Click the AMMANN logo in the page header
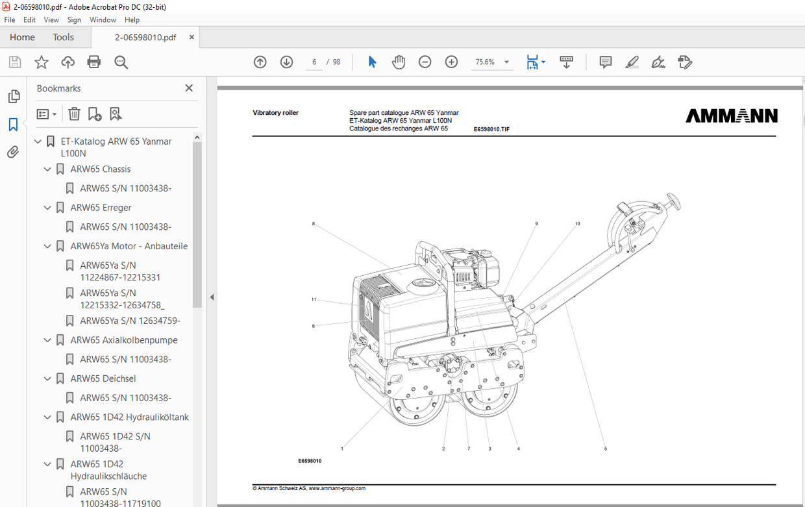[x=732, y=116]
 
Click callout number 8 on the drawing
[x=313, y=224]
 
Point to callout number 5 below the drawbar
[x=605, y=449]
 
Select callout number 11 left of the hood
[x=314, y=300]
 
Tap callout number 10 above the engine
[x=577, y=224]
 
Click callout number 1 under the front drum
[x=342, y=449]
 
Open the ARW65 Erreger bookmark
[x=101, y=208]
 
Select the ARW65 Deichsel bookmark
[x=103, y=378]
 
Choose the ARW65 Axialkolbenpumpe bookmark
[x=123, y=340]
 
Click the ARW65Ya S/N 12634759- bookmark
[x=130, y=321]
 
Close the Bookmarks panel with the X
[x=189, y=88]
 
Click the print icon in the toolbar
[x=94, y=62]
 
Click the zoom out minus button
[x=425, y=62]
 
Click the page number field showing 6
[x=314, y=62]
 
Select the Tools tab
[x=63, y=37]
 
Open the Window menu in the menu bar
[x=103, y=20]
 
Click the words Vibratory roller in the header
[x=275, y=113]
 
